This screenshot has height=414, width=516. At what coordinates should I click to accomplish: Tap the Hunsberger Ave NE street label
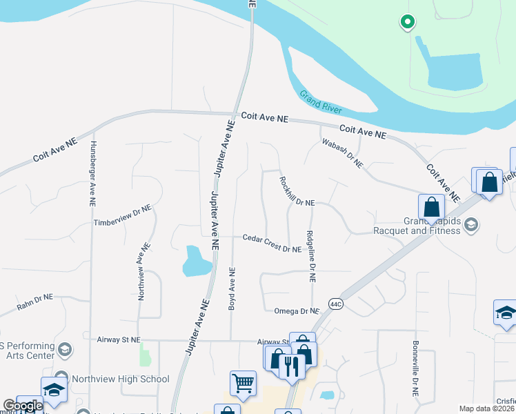pos(92,174)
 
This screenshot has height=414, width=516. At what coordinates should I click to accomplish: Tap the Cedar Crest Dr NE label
pos(272,243)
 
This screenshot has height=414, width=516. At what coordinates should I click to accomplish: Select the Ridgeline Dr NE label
pos(311,256)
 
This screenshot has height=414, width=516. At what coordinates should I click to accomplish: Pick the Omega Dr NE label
pos(297,311)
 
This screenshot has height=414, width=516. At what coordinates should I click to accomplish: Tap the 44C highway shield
pos(336,304)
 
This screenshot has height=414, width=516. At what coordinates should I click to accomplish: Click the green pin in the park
pos(407,22)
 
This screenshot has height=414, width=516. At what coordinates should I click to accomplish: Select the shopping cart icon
pos(243,384)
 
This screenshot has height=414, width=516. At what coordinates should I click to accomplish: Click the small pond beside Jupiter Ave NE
pos(195,262)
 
